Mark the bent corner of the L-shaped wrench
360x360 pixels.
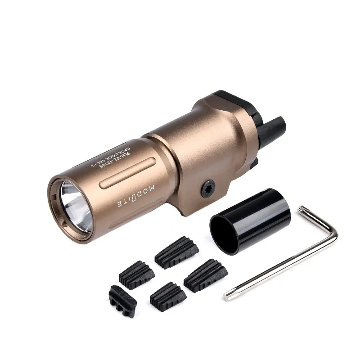[334, 234]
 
